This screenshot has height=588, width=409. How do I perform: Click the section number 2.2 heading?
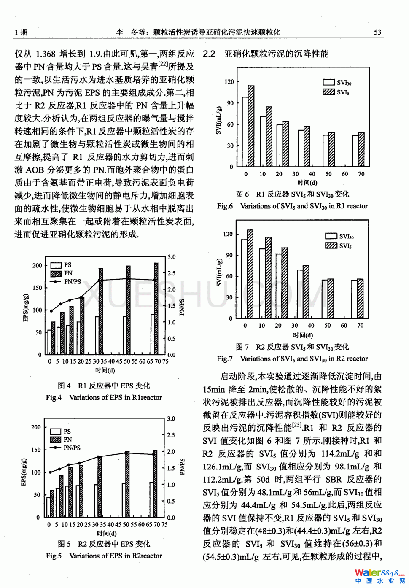[x=209, y=54]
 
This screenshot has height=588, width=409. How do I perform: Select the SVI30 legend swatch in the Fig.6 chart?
[x=329, y=83]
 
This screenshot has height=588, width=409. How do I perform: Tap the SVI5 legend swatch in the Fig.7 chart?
[x=331, y=245]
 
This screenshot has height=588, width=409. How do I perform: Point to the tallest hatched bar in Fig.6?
[x=251, y=126]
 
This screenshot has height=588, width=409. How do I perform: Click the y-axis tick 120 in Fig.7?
[x=228, y=234]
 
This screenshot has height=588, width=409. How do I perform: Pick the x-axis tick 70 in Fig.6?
[x=361, y=174]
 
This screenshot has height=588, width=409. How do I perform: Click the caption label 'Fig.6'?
[x=225, y=206]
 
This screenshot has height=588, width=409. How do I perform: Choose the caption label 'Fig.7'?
[x=225, y=359]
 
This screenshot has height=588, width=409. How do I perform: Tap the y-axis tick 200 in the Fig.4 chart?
[x=37, y=265]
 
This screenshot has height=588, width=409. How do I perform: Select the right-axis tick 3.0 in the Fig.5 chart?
[x=171, y=418]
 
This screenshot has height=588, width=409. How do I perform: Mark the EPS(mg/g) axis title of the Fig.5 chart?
[x=24, y=472]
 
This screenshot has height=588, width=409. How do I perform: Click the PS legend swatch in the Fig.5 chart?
[x=56, y=432]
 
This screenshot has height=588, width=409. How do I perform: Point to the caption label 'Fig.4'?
[x=54, y=397]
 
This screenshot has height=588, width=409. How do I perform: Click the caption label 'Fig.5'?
[x=54, y=556]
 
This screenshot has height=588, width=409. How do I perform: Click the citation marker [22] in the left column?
[x=163, y=64]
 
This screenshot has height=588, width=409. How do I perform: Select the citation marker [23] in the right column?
[x=297, y=425]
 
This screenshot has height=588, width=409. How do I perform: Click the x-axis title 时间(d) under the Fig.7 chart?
[x=303, y=335]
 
